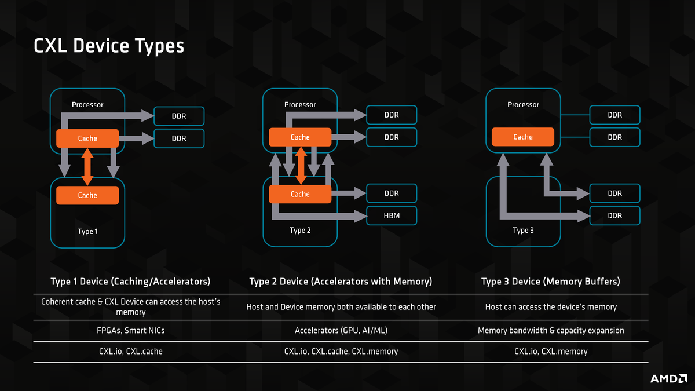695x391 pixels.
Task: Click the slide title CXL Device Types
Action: click(109, 46)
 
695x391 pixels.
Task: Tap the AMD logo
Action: click(669, 379)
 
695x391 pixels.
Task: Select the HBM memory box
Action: click(392, 215)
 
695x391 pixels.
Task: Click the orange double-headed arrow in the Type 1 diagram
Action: click(87, 167)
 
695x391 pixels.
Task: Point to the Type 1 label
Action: click(87, 232)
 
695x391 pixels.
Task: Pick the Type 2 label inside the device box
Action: click(300, 231)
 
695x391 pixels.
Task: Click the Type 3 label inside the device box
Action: click(523, 231)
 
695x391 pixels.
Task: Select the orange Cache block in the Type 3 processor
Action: click(523, 137)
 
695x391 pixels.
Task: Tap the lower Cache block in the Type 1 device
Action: click(87, 195)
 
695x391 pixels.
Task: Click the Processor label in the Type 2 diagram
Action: click(300, 105)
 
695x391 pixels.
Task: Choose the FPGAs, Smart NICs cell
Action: click(131, 331)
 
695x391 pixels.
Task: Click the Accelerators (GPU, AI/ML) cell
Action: click(341, 331)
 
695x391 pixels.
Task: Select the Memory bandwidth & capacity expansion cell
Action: click(551, 331)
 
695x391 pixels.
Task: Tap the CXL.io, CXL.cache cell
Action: click(131, 351)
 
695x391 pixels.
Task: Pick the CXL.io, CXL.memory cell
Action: click(551, 351)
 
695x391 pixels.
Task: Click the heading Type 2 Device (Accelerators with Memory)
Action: click(341, 282)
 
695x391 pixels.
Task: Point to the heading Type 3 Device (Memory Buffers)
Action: click(551, 282)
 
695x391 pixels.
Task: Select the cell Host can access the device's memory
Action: click(551, 307)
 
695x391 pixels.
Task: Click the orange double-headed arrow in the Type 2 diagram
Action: click(301, 166)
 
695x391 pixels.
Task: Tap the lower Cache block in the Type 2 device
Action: click(300, 194)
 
